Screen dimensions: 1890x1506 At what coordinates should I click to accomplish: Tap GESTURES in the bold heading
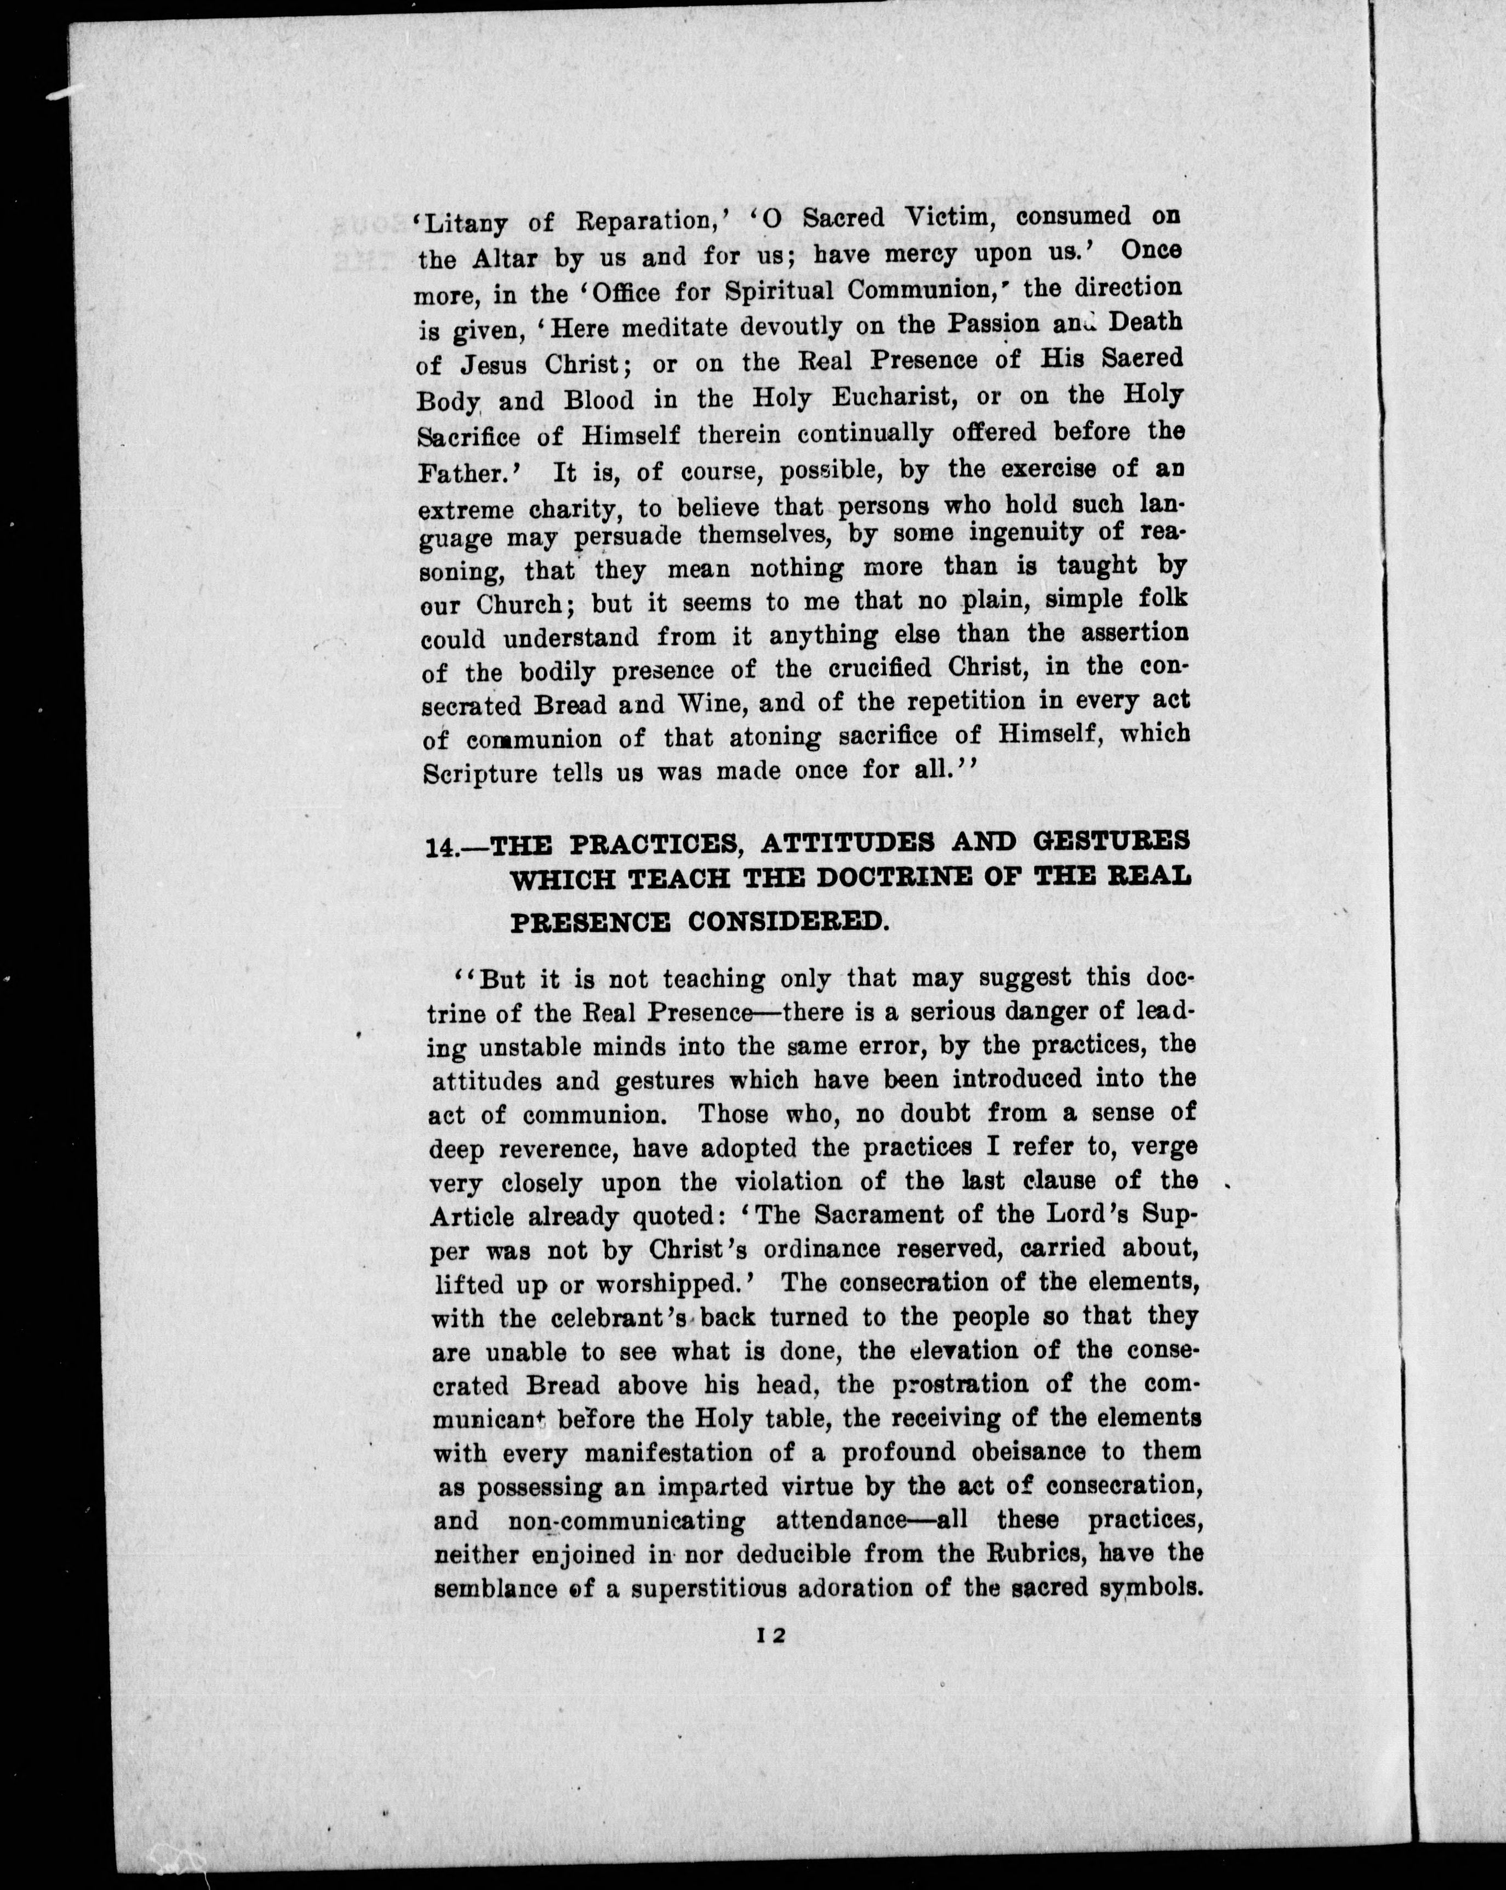[x=1111, y=841]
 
